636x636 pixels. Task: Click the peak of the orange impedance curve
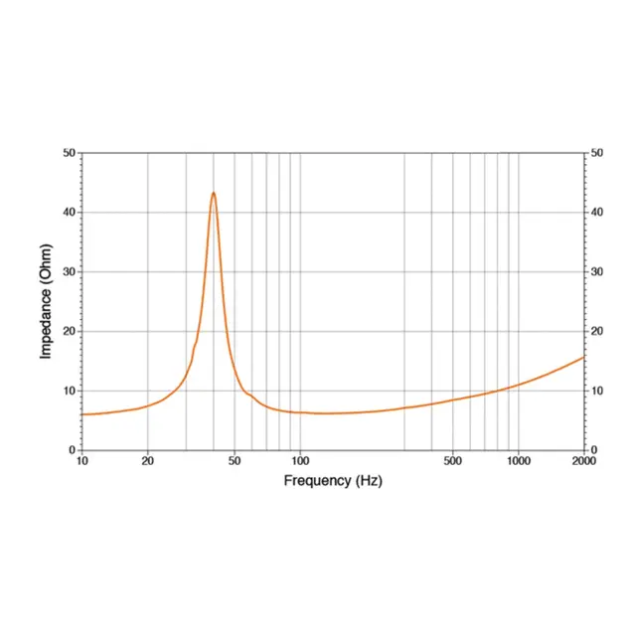point(214,193)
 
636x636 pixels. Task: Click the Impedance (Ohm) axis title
point(46,301)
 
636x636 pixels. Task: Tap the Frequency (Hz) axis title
point(333,481)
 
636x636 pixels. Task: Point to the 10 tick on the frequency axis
point(81,461)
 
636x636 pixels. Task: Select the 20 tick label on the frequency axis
point(148,461)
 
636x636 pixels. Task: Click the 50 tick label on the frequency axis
point(235,461)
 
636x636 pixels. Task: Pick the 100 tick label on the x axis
point(300,461)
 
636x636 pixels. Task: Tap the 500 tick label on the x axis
point(453,461)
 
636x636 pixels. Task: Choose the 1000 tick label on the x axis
point(519,461)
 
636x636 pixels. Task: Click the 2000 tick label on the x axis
point(584,461)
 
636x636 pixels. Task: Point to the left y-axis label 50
point(70,153)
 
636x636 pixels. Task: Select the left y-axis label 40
point(70,212)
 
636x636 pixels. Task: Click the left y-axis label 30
point(70,271)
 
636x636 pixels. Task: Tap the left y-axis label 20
point(70,331)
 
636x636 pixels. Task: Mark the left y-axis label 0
point(73,450)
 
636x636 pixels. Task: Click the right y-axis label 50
point(597,153)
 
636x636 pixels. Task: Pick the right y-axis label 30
point(597,271)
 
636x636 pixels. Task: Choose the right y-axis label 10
point(597,391)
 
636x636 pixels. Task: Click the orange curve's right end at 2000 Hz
point(584,357)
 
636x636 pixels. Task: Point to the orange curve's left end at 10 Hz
point(82,414)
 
